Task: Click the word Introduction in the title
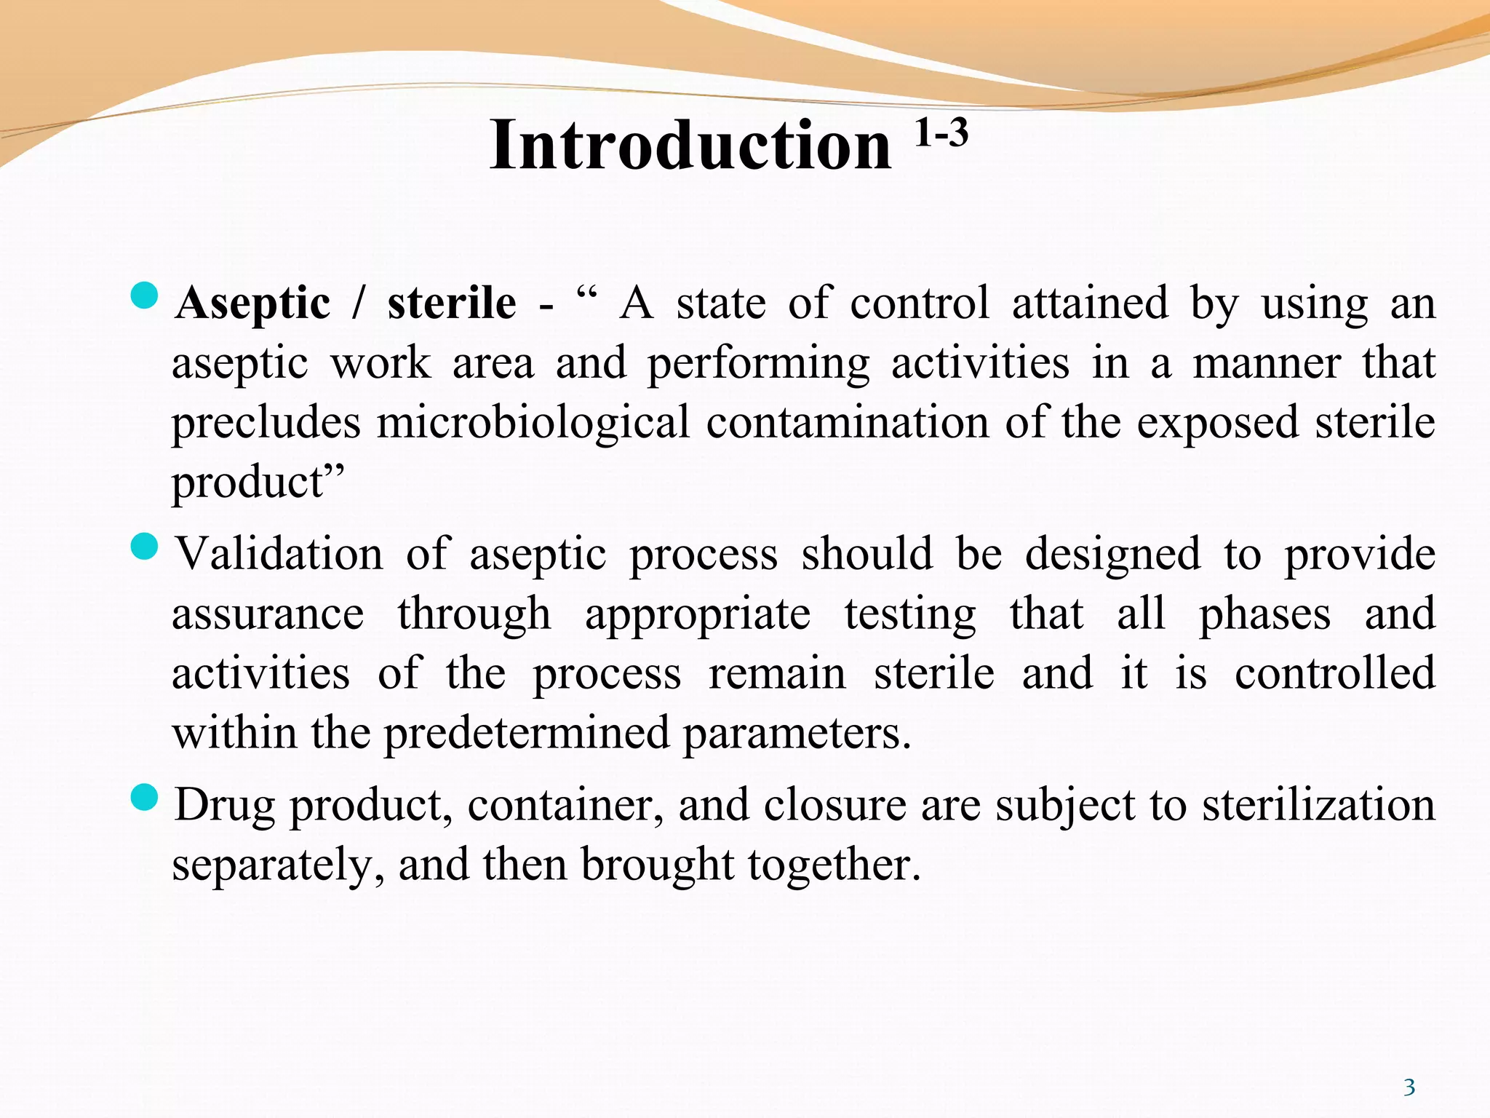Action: pos(690,146)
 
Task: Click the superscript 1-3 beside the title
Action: pos(941,133)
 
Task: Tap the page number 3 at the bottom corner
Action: pos(1409,1087)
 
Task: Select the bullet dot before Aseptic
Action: pos(144,296)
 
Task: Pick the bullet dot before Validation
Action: pos(144,547)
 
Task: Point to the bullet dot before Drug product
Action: pos(144,798)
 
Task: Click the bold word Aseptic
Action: pos(252,303)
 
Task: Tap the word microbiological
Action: pos(533,422)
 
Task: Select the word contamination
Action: pos(848,422)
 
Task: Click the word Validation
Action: pos(279,554)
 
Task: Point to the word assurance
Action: pos(268,614)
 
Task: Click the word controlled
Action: pos(1335,673)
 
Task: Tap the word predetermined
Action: pos(527,733)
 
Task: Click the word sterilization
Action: pos(1318,806)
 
